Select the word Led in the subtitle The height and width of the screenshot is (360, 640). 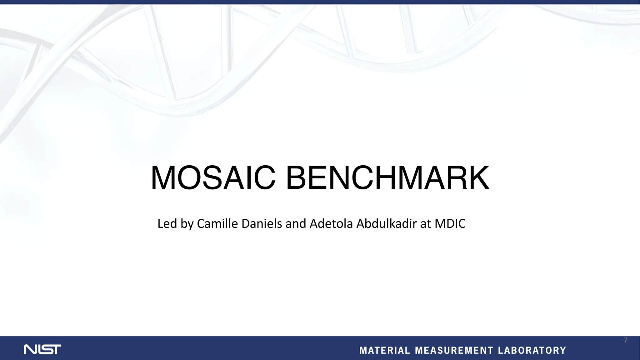click(x=167, y=224)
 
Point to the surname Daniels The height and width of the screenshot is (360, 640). click(x=262, y=224)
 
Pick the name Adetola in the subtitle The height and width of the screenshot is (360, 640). click(x=331, y=224)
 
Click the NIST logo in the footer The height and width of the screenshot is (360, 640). click(x=42, y=349)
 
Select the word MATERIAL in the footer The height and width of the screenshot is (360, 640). click(x=384, y=351)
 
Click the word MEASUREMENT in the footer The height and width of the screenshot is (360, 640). click(x=454, y=351)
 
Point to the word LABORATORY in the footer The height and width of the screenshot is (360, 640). click(x=532, y=351)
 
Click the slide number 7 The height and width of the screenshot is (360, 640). click(x=625, y=340)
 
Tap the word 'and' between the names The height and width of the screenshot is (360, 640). click(x=296, y=224)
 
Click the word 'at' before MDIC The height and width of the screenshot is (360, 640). click(x=426, y=224)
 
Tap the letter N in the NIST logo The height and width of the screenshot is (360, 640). click(x=30, y=349)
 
